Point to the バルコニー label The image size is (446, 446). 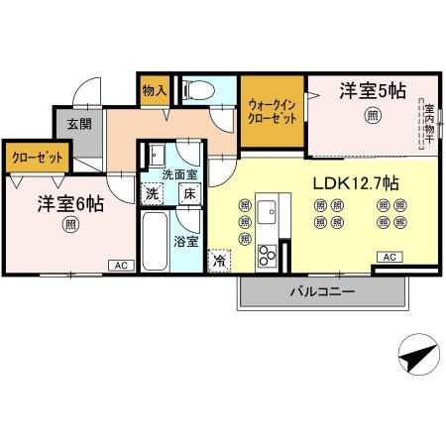tap(322, 291)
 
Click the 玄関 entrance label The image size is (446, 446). tap(79, 124)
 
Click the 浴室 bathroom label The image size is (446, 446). tap(185, 241)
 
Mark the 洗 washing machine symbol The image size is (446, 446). tap(152, 193)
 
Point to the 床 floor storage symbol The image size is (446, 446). tap(188, 193)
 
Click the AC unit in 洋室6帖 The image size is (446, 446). tap(120, 265)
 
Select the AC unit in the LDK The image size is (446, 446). tap(389, 257)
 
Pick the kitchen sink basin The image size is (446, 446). tap(268, 211)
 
